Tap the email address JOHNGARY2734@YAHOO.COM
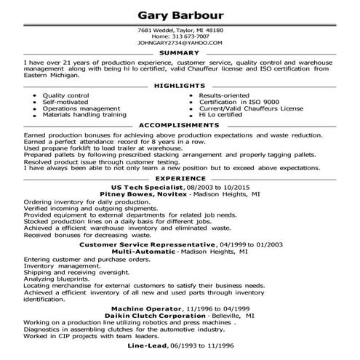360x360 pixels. (180, 43)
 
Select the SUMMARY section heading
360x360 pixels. (180, 53)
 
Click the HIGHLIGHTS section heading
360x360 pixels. (180, 86)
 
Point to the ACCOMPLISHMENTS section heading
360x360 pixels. (180, 125)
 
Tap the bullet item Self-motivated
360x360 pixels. (65, 102)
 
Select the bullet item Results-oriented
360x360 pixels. (222, 95)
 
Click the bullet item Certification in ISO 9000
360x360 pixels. (235, 102)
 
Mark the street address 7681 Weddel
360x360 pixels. (154, 30)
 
